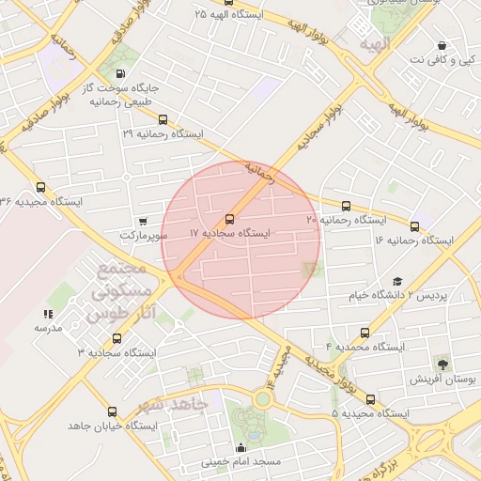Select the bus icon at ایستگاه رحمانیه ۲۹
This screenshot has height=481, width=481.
(x=163, y=120)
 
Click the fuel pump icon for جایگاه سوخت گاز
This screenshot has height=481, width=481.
(x=119, y=73)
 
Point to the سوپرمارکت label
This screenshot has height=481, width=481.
(x=143, y=235)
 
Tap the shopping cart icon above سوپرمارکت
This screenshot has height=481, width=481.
(x=143, y=222)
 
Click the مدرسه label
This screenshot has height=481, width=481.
(x=48, y=328)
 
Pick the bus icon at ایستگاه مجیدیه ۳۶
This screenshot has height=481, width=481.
(x=39, y=187)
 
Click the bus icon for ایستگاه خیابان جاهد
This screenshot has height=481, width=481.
(x=112, y=411)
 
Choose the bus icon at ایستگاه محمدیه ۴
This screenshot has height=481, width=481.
(x=365, y=333)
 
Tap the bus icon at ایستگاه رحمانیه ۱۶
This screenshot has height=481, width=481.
(x=415, y=226)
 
